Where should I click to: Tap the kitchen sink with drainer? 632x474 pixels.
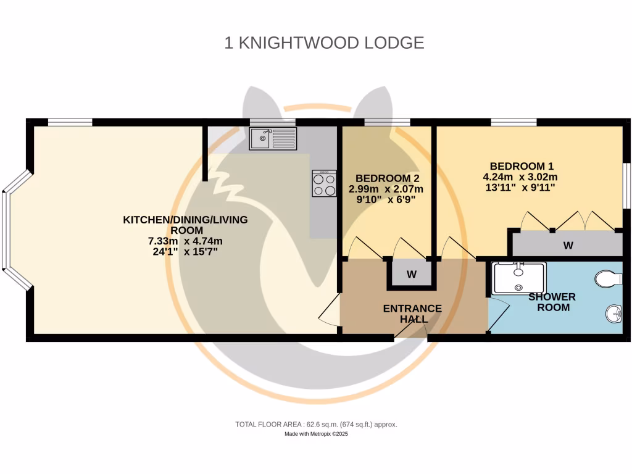[x=273, y=138]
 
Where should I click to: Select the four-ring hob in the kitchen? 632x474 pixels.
[x=324, y=183]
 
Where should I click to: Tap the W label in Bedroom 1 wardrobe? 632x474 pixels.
[x=568, y=246]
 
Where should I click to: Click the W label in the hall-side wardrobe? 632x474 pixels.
[x=411, y=274]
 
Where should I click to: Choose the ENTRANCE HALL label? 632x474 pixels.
[x=412, y=314]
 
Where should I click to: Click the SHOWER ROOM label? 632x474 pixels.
[x=552, y=302]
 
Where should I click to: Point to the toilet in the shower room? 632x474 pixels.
[x=609, y=280]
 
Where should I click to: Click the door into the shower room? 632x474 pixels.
[x=498, y=315]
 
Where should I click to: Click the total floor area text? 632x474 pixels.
[x=316, y=425]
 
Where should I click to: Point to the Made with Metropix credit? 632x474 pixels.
[x=316, y=434]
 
